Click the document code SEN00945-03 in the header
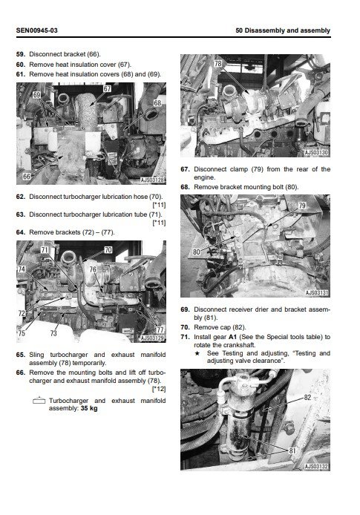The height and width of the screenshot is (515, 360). click(37, 30)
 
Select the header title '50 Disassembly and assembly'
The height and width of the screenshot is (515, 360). click(283, 30)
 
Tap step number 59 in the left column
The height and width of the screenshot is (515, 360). click(20, 54)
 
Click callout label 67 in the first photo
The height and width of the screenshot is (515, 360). click(108, 89)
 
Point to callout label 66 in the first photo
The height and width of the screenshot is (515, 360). click(27, 177)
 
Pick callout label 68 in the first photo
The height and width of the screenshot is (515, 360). click(157, 103)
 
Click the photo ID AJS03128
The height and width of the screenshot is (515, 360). click(152, 180)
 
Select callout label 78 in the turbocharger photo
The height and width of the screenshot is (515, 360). click(217, 63)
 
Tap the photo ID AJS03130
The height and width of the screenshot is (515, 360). click(316, 153)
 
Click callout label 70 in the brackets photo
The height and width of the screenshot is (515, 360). click(108, 250)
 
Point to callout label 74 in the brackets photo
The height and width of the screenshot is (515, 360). click(22, 269)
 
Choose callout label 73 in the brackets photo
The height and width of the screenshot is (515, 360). click(53, 333)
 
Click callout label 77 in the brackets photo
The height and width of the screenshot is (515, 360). click(160, 329)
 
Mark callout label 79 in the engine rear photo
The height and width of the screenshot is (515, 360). click(302, 206)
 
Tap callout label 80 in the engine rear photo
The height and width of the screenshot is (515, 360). click(197, 252)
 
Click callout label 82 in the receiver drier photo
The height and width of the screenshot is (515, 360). click(307, 398)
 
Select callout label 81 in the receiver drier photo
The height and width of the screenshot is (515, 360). click(292, 451)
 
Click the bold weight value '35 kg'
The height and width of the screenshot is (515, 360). click(89, 408)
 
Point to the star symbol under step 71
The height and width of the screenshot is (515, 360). click(197, 353)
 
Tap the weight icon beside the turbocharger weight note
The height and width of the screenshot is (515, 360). click(39, 401)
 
